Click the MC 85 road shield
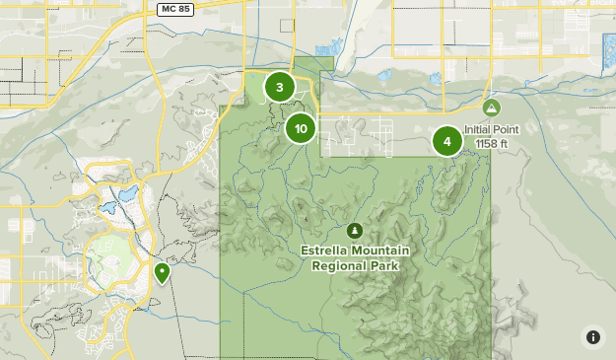[175, 8]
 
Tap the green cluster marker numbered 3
[280, 87]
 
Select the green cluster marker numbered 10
[301, 128]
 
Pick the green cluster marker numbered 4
[447, 141]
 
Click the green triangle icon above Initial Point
[491, 107]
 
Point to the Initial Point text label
[491, 129]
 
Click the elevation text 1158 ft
[491, 143]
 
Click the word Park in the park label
[383, 265]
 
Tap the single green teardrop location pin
[162, 271]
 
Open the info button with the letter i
[593, 337]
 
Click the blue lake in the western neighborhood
[127, 194]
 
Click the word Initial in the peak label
[477, 129]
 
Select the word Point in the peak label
[506, 129]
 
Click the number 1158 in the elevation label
[486, 143]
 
